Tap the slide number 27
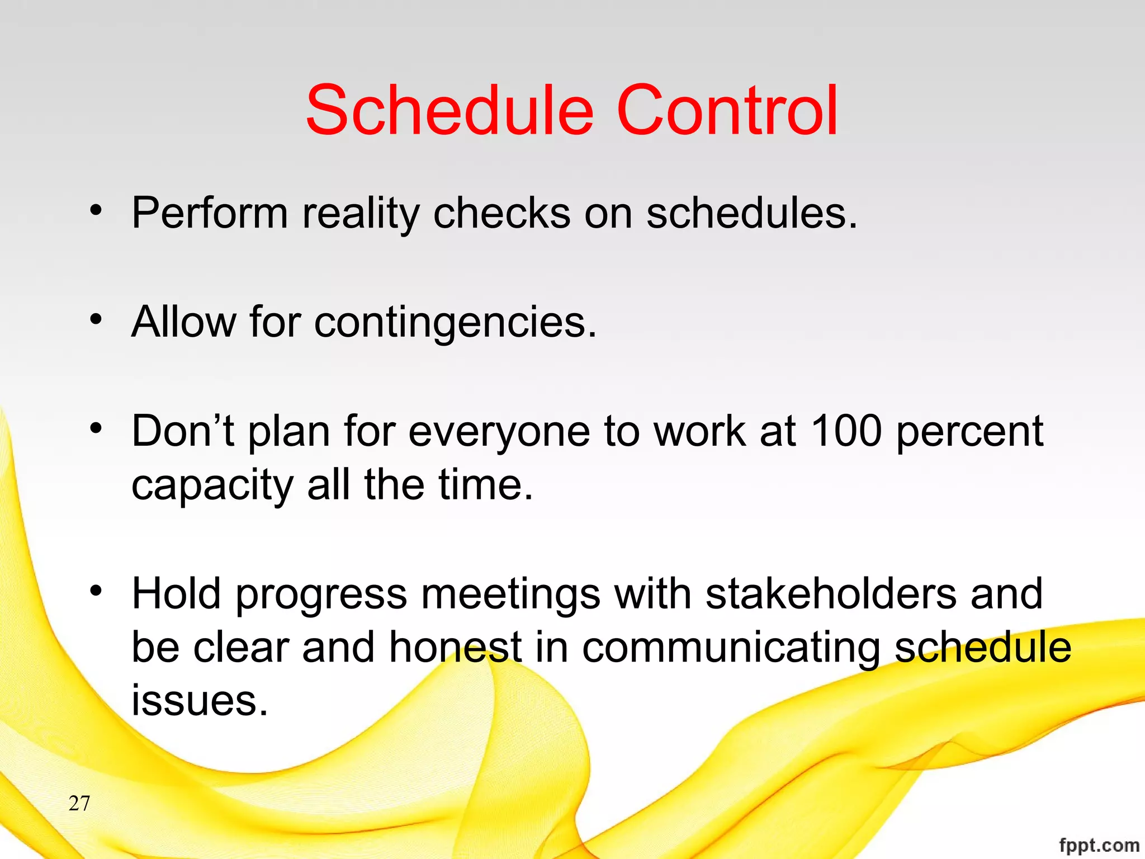(x=79, y=804)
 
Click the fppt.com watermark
(x=1099, y=844)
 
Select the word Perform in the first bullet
(x=210, y=213)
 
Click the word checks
(x=501, y=213)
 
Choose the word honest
(x=455, y=647)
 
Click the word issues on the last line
(x=200, y=700)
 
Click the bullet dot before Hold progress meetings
(x=96, y=591)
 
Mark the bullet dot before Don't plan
(x=96, y=428)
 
